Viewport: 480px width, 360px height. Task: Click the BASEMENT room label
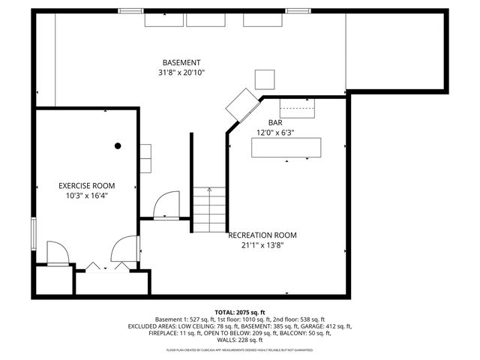tap(181, 62)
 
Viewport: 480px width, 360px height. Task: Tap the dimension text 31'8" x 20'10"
tap(181, 73)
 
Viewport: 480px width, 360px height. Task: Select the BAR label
tap(275, 122)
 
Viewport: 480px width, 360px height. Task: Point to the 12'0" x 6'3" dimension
tap(275, 133)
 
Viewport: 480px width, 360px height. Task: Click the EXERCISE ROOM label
tap(87, 185)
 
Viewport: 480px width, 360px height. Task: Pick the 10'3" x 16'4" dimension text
tap(87, 196)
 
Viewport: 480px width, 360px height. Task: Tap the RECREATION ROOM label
tap(262, 235)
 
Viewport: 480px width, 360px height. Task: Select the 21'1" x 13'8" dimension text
tap(262, 244)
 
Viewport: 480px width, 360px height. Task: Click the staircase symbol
tap(208, 210)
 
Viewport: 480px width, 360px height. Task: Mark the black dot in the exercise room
tap(118, 145)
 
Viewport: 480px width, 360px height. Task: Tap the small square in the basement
tap(265, 79)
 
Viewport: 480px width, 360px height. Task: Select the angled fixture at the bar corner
tap(242, 106)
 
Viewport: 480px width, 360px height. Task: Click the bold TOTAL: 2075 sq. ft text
tap(240, 312)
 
